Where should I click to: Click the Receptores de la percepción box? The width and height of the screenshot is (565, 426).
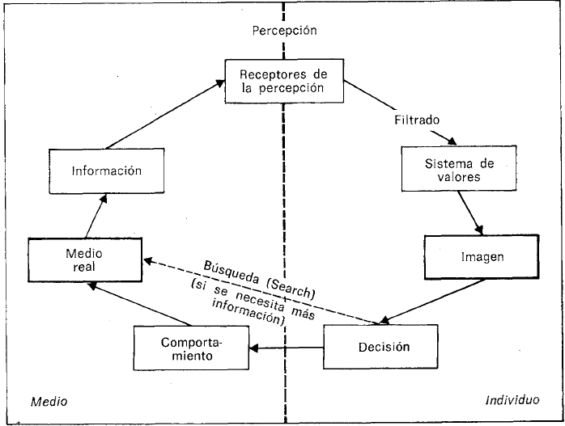[x=282, y=82]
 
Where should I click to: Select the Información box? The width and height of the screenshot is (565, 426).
[x=106, y=171]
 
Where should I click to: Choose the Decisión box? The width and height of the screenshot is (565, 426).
[x=381, y=348]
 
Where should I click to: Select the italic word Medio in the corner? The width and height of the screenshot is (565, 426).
[x=48, y=401]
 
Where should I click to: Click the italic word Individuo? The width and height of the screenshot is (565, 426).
[x=512, y=400]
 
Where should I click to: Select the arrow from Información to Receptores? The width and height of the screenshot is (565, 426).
[x=175, y=110]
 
